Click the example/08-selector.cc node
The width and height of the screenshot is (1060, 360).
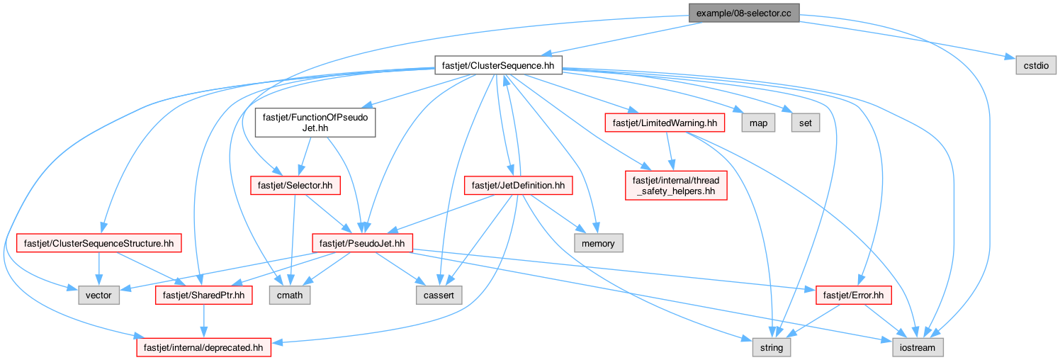pyautogui.click(x=744, y=13)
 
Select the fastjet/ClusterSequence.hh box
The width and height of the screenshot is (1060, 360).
pyautogui.click(x=498, y=65)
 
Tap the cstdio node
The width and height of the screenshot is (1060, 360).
pyautogui.click(x=1036, y=65)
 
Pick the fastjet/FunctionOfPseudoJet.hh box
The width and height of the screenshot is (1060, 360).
pyautogui.click(x=315, y=123)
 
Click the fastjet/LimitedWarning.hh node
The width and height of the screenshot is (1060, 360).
pyautogui.click(x=665, y=123)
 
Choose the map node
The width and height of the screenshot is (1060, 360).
pyautogui.click(x=758, y=123)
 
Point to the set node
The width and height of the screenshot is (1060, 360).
pyautogui.click(x=806, y=123)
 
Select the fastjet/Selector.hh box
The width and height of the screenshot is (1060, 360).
pyautogui.click(x=295, y=186)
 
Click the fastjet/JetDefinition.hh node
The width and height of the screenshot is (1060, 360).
pyautogui.click(x=518, y=186)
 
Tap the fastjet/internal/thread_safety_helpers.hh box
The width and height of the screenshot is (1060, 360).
pyautogui.click(x=676, y=186)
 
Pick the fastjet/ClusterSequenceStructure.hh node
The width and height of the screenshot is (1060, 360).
pyautogui.click(x=99, y=243)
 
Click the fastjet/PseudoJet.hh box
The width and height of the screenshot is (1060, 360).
pyautogui.click(x=362, y=243)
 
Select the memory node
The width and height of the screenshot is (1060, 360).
pyautogui.click(x=598, y=243)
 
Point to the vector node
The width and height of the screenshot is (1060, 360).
pyautogui.click(x=98, y=296)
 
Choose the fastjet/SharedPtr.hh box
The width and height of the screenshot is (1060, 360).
pyautogui.click(x=203, y=296)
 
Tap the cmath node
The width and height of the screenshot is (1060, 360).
pyautogui.click(x=290, y=296)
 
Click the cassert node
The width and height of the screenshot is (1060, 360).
pyautogui.click(x=439, y=296)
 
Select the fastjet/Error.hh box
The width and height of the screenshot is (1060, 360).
pyautogui.click(x=853, y=296)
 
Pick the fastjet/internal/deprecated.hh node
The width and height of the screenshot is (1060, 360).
pyautogui.click(x=203, y=348)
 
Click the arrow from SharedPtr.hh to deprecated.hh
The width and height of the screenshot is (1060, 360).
pyautogui.click(x=203, y=321)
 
